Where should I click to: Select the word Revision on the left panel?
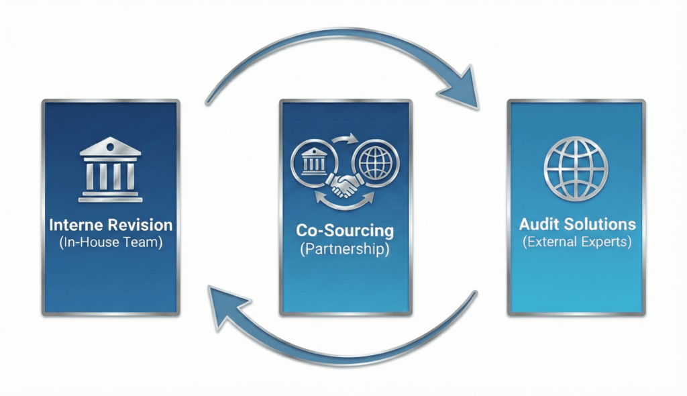tap(139, 225)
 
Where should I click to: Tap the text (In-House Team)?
tap(110, 242)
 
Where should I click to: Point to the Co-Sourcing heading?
tap(345, 230)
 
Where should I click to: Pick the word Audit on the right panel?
tap(539, 224)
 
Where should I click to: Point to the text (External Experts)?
tap(576, 242)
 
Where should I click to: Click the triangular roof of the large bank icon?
tap(111, 147)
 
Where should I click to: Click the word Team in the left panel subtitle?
tap(146, 242)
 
